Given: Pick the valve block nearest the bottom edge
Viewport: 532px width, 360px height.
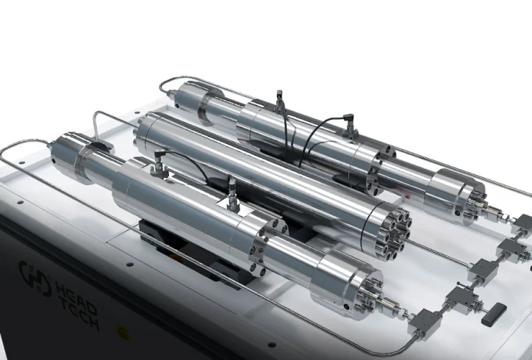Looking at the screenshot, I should pos(423,321).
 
